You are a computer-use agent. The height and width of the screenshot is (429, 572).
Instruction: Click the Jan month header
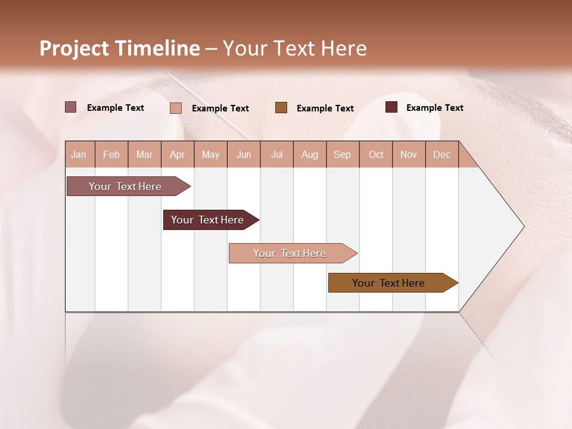pyautogui.click(x=79, y=154)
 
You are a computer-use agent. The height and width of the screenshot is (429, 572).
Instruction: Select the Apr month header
pyautogui.click(x=177, y=154)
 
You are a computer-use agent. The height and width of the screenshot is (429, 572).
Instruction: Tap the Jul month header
pyautogui.click(x=276, y=154)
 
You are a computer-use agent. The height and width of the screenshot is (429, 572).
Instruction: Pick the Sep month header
pyautogui.click(x=342, y=154)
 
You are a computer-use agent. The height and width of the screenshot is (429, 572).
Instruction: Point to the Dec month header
pyautogui.click(x=442, y=154)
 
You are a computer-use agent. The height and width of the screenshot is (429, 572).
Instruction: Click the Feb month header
pyautogui.click(x=111, y=154)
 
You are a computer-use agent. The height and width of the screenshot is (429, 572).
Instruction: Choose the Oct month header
pyautogui.click(x=376, y=154)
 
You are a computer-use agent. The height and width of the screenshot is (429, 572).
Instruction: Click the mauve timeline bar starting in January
pyautogui.click(x=126, y=186)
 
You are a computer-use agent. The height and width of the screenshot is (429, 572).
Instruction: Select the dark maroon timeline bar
pyautogui.click(x=208, y=220)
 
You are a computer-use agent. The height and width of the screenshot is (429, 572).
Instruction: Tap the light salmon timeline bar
pyautogui.click(x=290, y=253)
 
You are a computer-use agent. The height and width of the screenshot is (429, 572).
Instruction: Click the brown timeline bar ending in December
pyautogui.click(x=389, y=283)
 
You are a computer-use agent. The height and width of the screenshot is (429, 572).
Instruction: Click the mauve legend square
pyautogui.click(x=71, y=107)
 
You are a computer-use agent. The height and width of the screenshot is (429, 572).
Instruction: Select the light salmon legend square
pyautogui.click(x=176, y=108)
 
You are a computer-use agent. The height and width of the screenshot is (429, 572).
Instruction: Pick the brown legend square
pyautogui.click(x=281, y=107)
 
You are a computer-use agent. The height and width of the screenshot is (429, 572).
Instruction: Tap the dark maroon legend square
pyautogui.click(x=391, y=107)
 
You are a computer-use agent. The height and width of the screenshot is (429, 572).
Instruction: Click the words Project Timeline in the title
pyautogui.click(x=119, y=48)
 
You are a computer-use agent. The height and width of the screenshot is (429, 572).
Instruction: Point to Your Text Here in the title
pyautogui.click(x=295, y=48)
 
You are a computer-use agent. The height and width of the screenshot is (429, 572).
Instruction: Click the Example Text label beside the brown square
pyautogui.click(x=325, y=108)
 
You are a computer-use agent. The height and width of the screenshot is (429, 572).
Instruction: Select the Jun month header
pyautogui.click(x=244, y=154)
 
